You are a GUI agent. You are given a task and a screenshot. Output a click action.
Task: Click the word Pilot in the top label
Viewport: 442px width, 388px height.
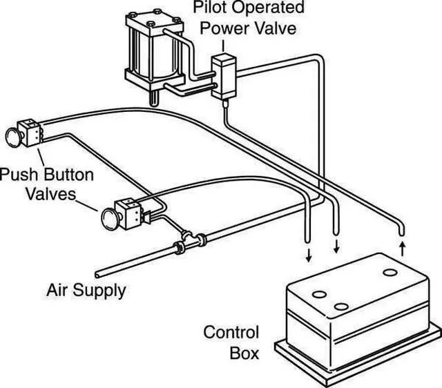click(x=209, y=8)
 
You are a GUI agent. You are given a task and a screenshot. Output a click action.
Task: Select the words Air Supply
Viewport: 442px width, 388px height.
click(x=86, y=290)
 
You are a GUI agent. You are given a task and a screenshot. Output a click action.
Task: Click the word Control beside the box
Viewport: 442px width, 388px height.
click(x=231, y=332)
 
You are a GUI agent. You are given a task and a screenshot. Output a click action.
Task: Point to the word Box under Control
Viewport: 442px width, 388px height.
click(x=244, y=353)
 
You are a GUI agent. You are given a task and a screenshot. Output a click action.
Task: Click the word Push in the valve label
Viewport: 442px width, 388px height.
click(x=18, y=175)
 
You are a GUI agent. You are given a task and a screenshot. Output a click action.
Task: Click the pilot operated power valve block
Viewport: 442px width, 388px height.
click(x=224, y=77)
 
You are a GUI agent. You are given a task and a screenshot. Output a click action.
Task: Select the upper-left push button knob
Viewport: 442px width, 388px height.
click(x=13, y=137)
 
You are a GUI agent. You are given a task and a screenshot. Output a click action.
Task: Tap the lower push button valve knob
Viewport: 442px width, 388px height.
click(x=110, y=219)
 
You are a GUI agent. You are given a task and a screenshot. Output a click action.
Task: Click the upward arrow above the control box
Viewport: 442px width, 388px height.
click(x=403, y=249)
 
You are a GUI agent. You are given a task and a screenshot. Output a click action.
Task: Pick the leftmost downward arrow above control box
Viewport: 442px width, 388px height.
click(x=309, y=255)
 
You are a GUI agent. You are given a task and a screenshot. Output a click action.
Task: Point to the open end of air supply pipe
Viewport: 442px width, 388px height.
click(x=97, y=275)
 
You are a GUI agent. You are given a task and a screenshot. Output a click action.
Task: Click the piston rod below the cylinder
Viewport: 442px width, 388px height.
click(x=154, y=98)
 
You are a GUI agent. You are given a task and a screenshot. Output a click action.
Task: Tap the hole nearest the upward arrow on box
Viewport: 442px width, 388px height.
click(x=390, y=273)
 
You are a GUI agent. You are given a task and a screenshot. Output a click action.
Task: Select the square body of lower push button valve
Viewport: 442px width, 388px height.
click(x=128, y=214)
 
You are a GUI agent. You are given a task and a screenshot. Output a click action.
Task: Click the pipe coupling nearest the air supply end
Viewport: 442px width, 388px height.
click(x=179, y=248)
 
